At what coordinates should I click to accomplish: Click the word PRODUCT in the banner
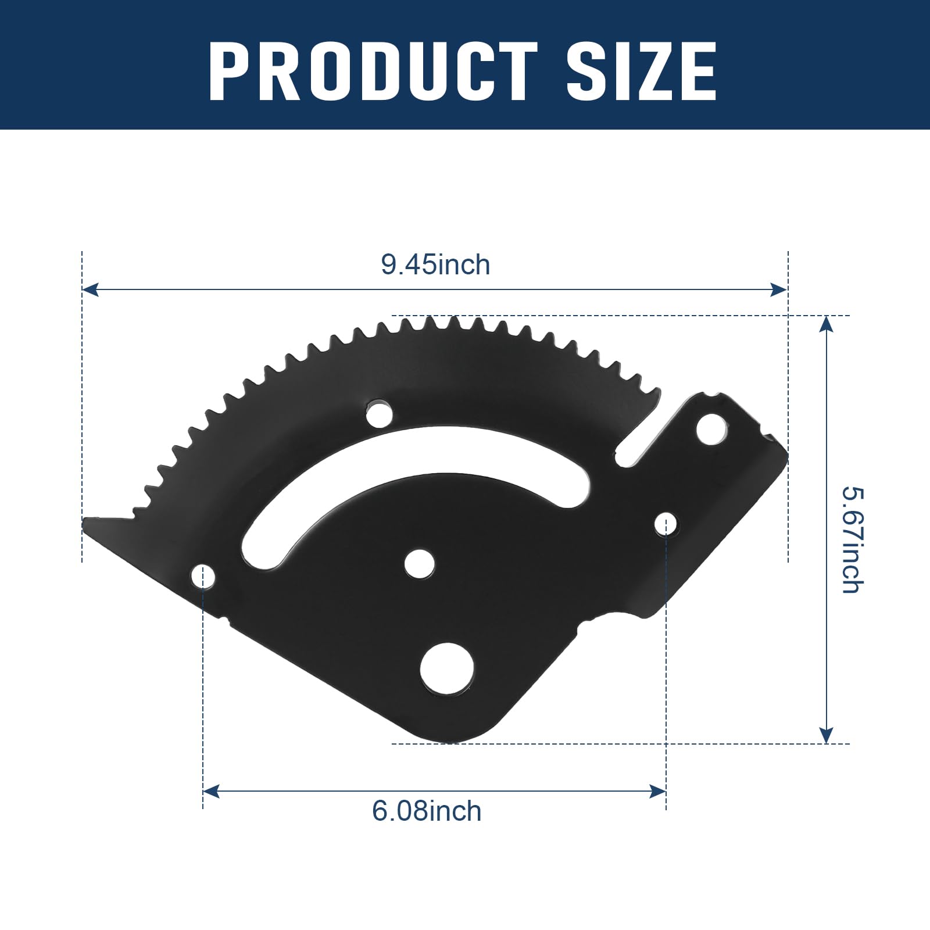tap(373, 73)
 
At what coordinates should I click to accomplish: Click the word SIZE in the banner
tap(642, 73)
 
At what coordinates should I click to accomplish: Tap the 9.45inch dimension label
tap(435, 265)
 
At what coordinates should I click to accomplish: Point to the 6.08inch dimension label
tap(427, 811)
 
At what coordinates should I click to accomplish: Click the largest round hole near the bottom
tap(447, 668)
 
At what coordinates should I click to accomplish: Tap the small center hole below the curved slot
tap(420, 564)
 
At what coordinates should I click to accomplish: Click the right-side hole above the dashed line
tap(666, 524)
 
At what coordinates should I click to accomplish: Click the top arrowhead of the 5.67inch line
tap(826, 323)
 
